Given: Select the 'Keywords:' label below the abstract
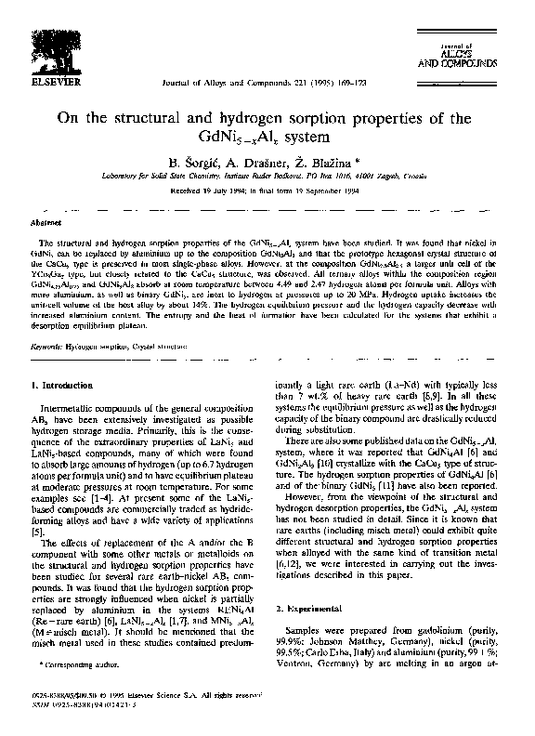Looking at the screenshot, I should coord(48,345).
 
